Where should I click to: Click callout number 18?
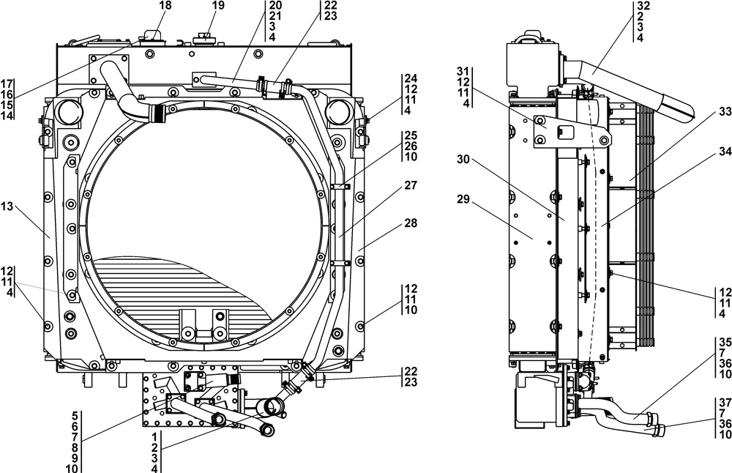pos(165,6)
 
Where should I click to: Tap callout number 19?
pos(198,6)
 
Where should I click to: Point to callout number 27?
pos(409,187)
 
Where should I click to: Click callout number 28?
pos(409,222)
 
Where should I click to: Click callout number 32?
pos(643,6)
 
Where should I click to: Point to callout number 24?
pos(410,78)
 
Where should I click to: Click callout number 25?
pos(410,135)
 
